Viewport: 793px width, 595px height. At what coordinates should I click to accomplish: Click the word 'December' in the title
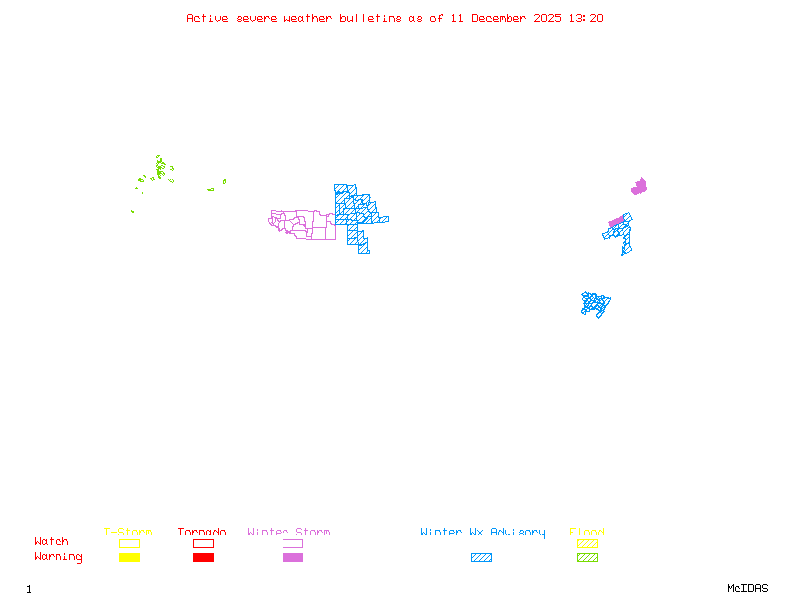(501, 18)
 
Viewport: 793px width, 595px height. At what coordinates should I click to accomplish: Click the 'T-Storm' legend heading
(128, 532)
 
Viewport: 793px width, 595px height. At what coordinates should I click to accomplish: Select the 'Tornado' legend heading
(202, 532)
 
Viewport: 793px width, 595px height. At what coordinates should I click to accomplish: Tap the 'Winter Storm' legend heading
(288, 532)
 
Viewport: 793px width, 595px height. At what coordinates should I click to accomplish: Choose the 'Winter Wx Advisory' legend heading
(483, 532)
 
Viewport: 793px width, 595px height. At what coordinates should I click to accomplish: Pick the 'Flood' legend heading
(587, 532)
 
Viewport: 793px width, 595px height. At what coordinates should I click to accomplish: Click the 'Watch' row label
(52, 542)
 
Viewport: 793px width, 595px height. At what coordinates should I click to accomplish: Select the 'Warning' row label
(58, 557)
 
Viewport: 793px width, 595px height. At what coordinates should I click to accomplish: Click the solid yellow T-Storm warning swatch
(129, 558)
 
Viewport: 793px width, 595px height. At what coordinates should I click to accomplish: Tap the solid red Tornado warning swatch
(203, 558)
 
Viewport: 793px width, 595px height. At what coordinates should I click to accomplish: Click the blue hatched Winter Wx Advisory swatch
(481, 558)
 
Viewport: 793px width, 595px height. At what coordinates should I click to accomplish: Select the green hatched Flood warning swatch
(587, 558)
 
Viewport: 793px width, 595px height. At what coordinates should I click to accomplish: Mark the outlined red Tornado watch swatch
(203, 543)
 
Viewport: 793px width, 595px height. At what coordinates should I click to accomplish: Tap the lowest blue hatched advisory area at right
(595, 303)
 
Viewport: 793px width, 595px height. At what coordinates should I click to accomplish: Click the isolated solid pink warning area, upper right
(640, 186)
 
